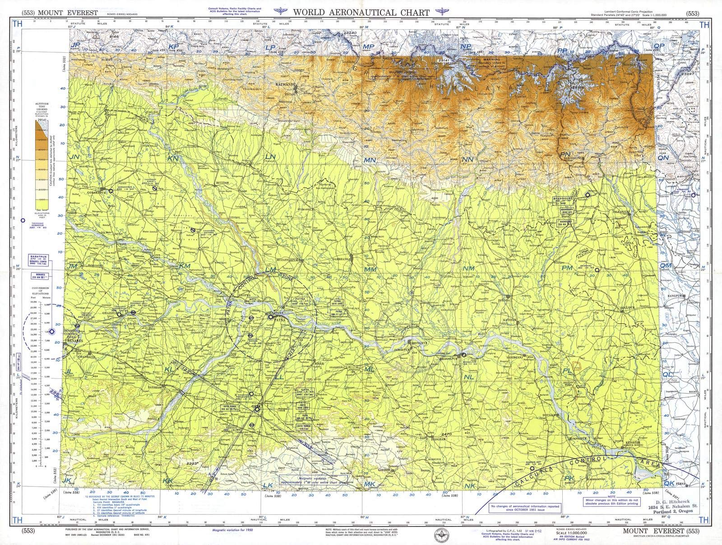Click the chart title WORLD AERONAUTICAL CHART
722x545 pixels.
(361, 12)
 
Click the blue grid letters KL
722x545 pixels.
(170, 369)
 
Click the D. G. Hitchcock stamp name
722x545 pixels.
(674, 502)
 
